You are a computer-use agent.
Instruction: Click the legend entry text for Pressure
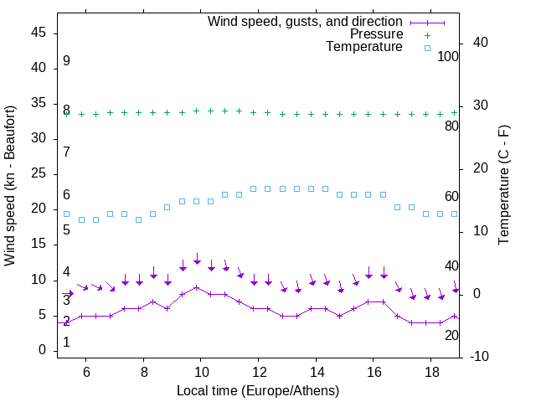[x=376, y=34]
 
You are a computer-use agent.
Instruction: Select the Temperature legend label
[x=364, y=47]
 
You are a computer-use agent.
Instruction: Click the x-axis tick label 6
[x=86, y=371]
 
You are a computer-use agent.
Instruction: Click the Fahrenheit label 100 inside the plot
[x=448, y=57]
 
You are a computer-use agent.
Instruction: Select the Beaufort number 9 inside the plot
[x=66, y=61]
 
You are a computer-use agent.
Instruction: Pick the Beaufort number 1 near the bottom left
[x=66, y=342]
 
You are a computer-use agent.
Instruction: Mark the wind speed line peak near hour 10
[x=196, y=287]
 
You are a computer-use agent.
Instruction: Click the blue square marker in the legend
[x=427, y=48]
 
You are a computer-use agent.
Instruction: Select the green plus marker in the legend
[x=427, y=35]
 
